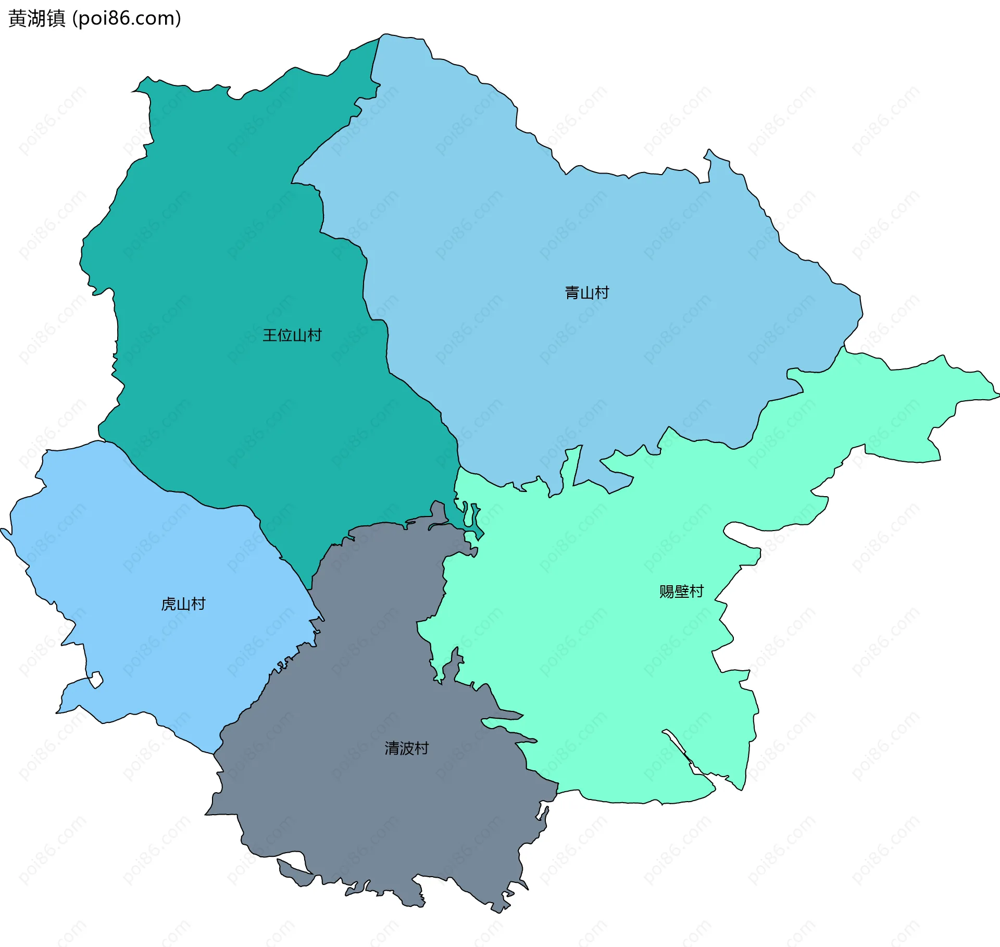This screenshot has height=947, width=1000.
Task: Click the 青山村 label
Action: click(x=587, y=293)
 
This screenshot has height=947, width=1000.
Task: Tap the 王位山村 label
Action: click(x=292, y=335)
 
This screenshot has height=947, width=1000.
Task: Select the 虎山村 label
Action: click(x=183, y=604)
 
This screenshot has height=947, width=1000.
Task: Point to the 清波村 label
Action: click(x=406, y=748)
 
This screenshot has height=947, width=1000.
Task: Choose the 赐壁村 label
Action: click(x=681, y=592)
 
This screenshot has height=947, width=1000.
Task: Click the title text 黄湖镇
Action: click(x=37, y=18)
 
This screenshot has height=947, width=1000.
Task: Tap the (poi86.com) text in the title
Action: click(x=127, y=18)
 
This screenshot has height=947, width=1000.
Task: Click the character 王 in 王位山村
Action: click(x=270, y=335)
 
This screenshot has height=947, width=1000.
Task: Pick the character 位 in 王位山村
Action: click(x=284, y=335)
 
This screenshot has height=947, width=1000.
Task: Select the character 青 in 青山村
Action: click(x=572, y=293)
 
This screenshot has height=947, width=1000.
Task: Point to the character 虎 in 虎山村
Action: click(x=169, y=604)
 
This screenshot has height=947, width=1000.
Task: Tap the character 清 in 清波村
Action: click(x=392, y=748)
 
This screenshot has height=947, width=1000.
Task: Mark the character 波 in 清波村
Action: click(x=406, y=748)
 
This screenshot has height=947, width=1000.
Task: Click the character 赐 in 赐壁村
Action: click(x=667, y=592)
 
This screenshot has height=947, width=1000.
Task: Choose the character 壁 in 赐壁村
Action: click(x=681, y=592)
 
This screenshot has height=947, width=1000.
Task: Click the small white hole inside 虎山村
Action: click(x=96, y=680)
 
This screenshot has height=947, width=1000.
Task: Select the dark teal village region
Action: click(x=234, y=235)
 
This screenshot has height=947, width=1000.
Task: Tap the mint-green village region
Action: click(x=599, y=651)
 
